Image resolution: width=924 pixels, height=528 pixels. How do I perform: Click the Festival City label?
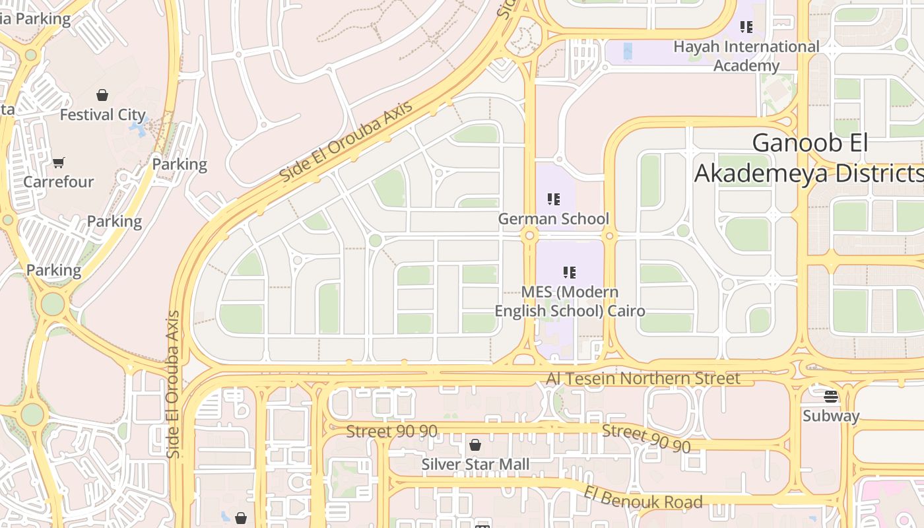tap(102, 115)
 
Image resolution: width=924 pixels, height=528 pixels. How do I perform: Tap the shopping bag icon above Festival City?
tap(102, 95)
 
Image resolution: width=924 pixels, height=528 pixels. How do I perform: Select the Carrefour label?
tap(59, 181)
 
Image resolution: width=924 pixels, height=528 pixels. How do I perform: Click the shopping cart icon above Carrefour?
tap(59, 162)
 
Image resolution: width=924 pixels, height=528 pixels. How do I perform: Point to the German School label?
tap(553, 218)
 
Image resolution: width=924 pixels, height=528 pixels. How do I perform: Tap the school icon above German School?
tap(553, 199)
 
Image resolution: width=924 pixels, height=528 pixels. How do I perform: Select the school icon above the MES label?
tap(570, 272)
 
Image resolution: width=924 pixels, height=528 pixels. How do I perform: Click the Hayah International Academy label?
tap(746, 56)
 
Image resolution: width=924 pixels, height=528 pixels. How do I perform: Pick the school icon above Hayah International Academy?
tap(746, 27)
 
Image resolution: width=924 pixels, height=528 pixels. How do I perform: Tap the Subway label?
tap(831, 416)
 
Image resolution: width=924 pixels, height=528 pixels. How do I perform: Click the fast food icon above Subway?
tap(831, 397)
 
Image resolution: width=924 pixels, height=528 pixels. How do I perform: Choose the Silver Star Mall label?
tap(475, 464)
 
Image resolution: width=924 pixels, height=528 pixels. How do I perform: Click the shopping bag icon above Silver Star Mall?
tap(475, 445)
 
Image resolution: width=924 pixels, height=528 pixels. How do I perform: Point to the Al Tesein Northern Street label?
tap(643, 378)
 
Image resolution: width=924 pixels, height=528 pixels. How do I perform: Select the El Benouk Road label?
tap(643, 498)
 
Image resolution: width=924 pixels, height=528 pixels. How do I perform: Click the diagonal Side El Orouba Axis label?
tap(346, 142)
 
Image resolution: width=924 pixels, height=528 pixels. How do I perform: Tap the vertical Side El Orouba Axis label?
tap(174, 384)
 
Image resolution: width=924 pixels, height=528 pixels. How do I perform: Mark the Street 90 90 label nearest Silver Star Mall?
tap(392, 432)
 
